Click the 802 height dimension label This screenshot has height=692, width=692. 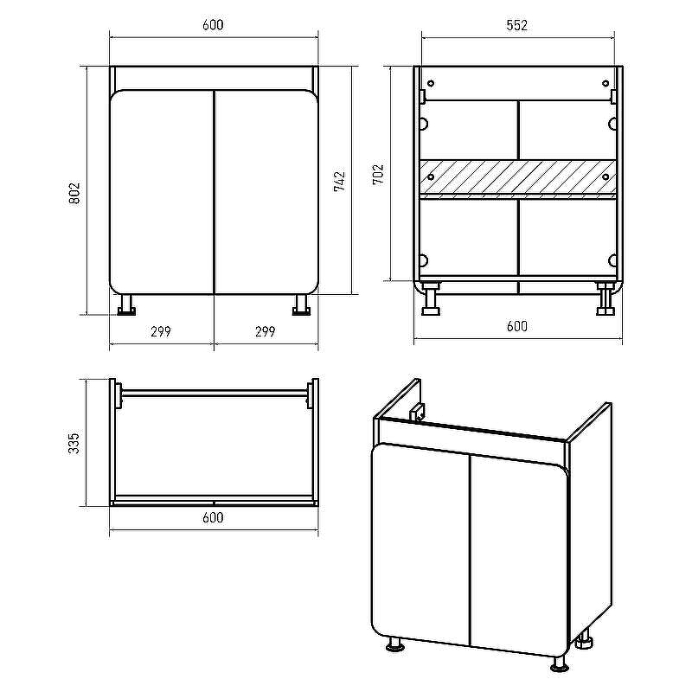[74, 193]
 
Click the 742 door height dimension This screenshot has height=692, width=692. [339, 182]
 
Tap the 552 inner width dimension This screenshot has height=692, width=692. [516, 25]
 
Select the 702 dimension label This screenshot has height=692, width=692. [378, 175]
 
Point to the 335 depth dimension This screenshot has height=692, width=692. [74, 443]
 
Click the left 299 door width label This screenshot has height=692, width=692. [161, 331]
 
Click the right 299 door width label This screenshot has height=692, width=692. [266, 331]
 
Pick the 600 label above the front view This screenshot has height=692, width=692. [213, 25]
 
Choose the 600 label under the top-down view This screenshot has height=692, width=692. [213, 517]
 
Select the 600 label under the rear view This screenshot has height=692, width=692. [517, 326]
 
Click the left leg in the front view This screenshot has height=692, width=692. [126, 305]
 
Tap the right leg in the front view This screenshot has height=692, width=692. [301, 305]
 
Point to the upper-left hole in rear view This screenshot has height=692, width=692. [431, 83]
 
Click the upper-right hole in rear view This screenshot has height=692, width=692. [605, 83]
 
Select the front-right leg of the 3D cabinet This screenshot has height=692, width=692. [559, 663]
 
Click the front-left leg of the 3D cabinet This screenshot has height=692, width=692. [395, 644]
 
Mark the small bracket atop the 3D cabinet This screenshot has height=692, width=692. [416, 413]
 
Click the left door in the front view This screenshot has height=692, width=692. [162, 192]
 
